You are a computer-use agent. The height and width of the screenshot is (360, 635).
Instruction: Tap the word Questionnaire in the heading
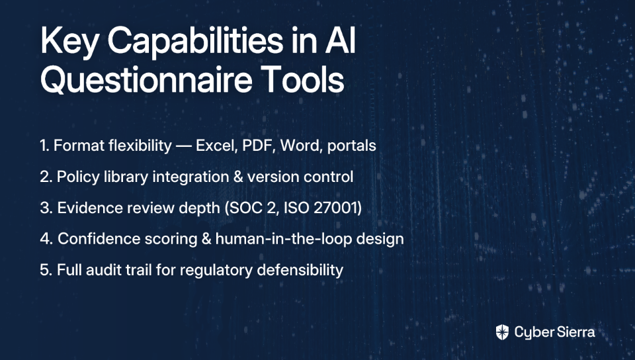tap(146, 80)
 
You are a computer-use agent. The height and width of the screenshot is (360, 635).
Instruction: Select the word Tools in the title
tap(302, 79)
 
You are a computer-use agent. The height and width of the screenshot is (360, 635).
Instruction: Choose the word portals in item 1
tap(351, 146)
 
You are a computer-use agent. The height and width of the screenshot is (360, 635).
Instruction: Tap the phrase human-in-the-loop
tap(284, 239)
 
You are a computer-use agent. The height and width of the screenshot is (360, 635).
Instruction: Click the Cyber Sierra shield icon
tap(502, 332)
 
